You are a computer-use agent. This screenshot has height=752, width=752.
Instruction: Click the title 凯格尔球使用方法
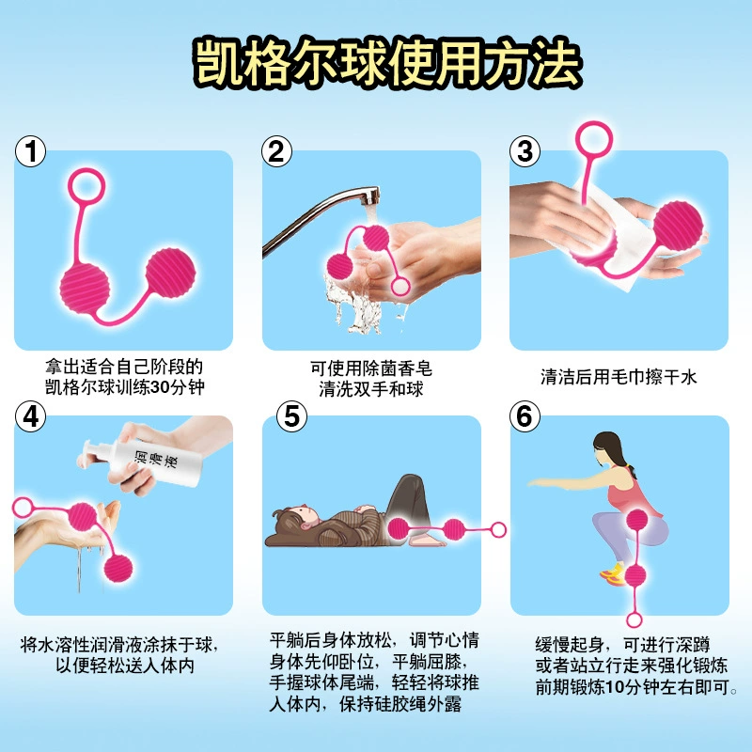tap(387, 63)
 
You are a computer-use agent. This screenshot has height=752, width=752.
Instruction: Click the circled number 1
tap(31, 151)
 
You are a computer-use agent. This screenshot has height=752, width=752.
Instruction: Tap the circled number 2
tap(276, 151)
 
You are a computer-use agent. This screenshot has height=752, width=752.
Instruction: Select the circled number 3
tap(525, 151)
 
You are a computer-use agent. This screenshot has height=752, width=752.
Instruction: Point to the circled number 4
tap(31, 416)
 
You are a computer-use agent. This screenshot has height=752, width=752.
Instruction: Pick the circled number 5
tap(291, 416)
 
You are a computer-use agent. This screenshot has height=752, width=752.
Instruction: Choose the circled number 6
tap(525, 416)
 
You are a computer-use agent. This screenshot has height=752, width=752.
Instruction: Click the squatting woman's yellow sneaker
tap(613, 574)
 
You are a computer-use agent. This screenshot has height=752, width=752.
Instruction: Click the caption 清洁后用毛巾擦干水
tap(619, 377)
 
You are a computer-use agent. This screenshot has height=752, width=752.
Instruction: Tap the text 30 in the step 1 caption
tap(160, 387)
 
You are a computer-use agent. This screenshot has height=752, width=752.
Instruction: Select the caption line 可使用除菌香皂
tap(371, 368)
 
